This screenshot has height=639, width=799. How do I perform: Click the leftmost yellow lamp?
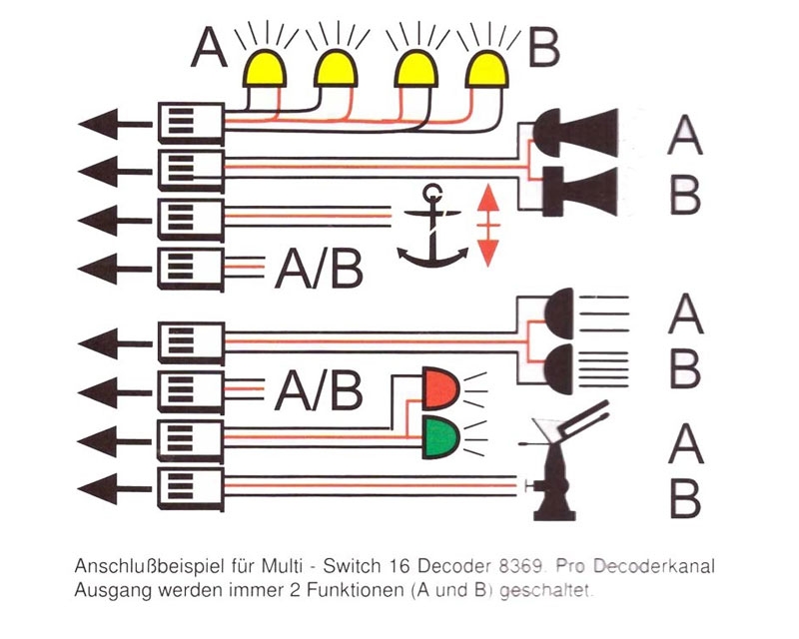[264, 68]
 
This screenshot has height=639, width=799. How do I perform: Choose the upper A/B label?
[318, 269]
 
